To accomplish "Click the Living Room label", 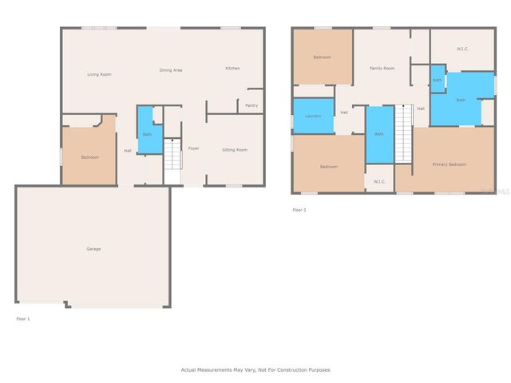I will click(x=99, y=74).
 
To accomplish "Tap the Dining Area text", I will click(x=171, y=70).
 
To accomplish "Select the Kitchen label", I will click(x=232, y=68).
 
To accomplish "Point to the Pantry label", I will click(x=252, y=105).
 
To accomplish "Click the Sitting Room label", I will click(x=234, y=150).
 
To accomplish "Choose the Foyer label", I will click(x=193, y=149).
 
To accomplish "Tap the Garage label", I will click(x=93, y=249).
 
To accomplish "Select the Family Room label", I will click(x=382, y=69).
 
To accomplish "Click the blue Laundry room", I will click(x=313, y=116).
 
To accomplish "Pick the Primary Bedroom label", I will click(x=449, y=164).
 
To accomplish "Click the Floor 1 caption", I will click(x=23, y=318).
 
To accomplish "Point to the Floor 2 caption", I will click(x=299, y=210).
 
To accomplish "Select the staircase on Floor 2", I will click(x=404, y=136).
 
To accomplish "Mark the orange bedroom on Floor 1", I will click(x=89, y=157).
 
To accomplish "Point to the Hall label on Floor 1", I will click(x=128, y=151).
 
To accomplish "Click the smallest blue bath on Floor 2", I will click(x=438, y=80).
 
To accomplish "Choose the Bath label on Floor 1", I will click(x=147, y=135).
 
